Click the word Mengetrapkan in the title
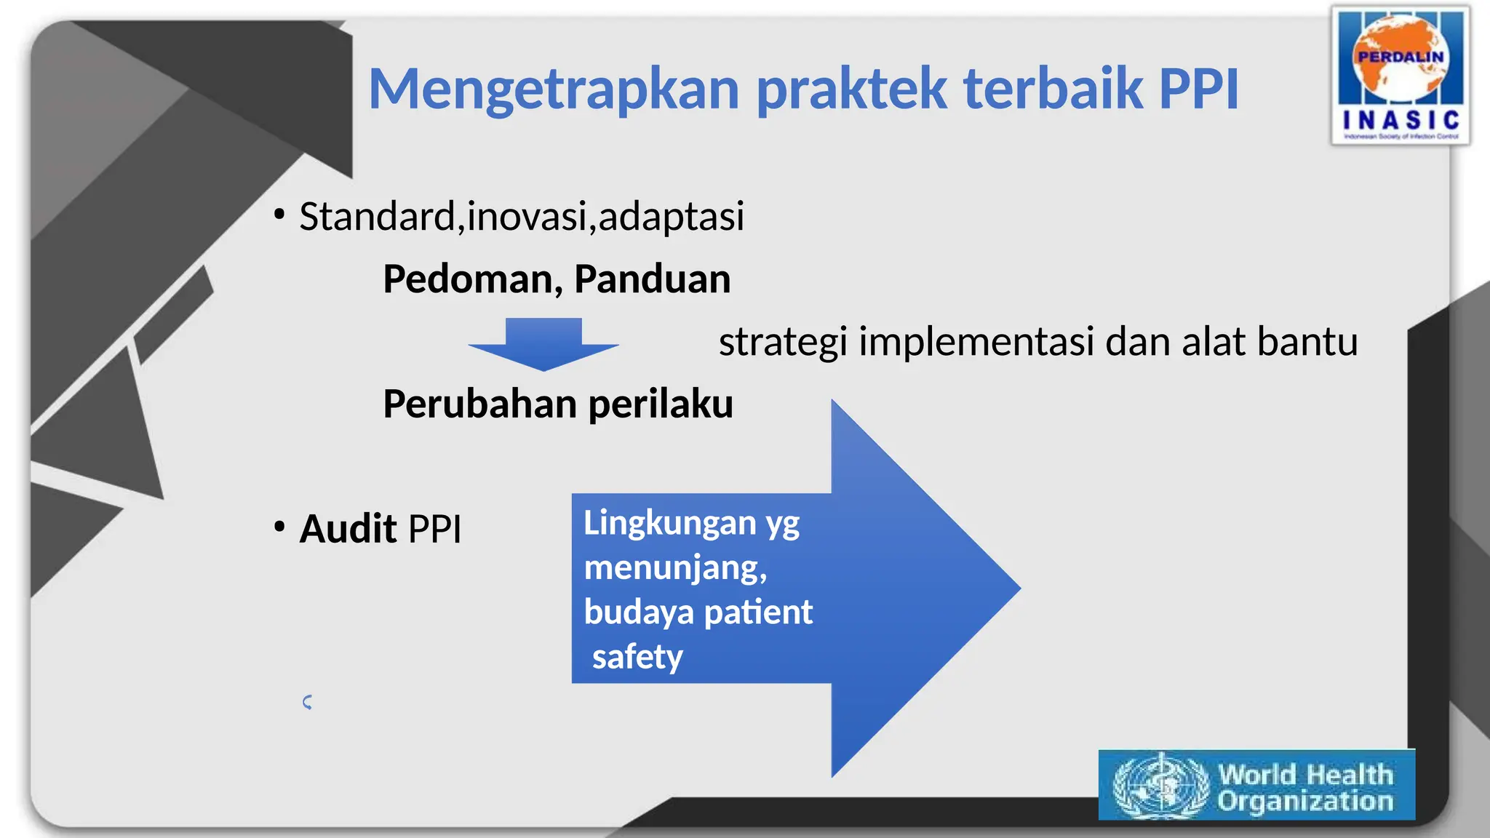[x=554, y=90]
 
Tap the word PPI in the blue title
[x=1198, y=89]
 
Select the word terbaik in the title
[x=1053, y=89]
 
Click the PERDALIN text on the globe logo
[x=1401, y=57]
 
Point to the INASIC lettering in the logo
[x=1401, y=120]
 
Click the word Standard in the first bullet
[x=377, y=217]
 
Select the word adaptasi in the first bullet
[x=671, y=217]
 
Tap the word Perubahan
[x=480, y=404]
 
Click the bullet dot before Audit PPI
[x=279, y=526]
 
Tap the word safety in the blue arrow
[x=637, y=657]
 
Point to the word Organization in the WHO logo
[x=1305, y=802]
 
